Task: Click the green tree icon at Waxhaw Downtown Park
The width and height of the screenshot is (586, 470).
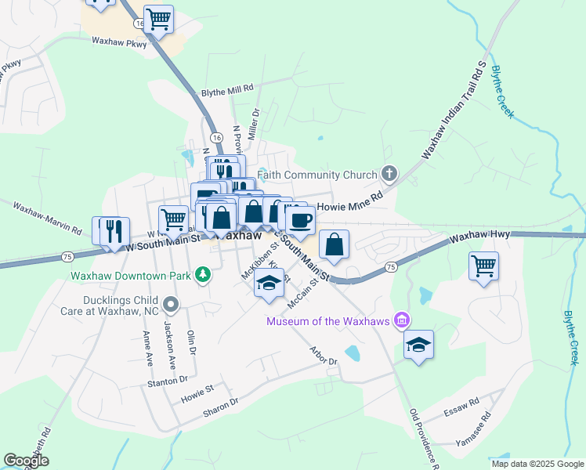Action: click(204, 274)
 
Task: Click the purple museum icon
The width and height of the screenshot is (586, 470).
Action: click(402, 320)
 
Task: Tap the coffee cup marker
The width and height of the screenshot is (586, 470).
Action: click(300, 220)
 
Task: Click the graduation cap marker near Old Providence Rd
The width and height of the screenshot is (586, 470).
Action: click(419, 345)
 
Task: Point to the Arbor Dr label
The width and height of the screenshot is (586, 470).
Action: click(323, 355)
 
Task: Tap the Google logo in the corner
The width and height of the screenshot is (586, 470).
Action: click(27, 460)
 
